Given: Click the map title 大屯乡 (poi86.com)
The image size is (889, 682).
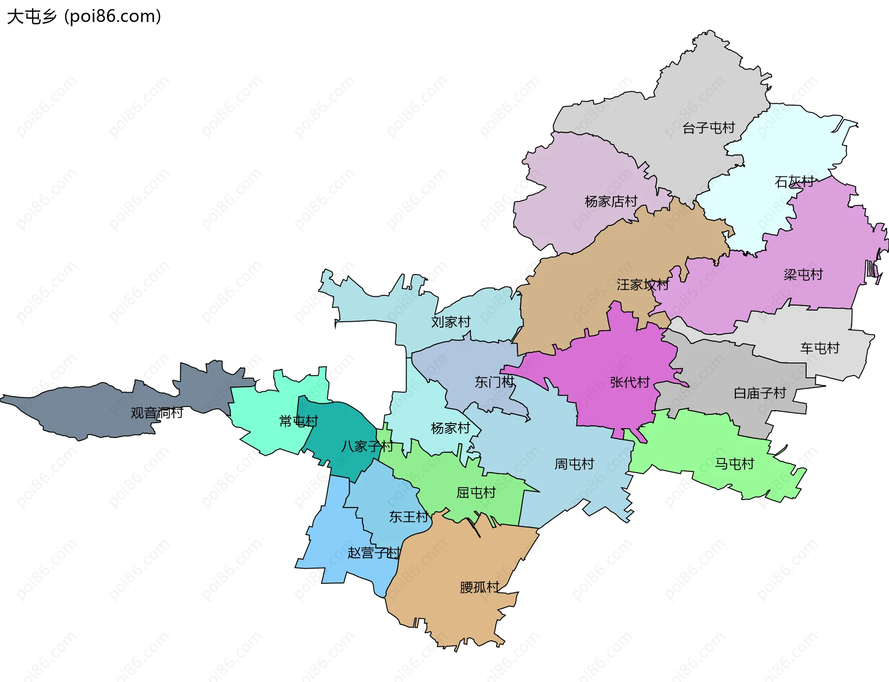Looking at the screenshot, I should (x=84, y=17).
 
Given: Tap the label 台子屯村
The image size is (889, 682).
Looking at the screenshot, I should (x=708, y=128).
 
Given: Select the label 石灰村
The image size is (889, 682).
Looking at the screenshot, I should (x=794, y=182).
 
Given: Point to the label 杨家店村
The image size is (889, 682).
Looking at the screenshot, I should (x=611, y=201).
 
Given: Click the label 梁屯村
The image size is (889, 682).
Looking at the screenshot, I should (x=803, y=275).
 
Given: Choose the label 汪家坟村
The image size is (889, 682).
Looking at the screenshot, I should (x=642, y=285).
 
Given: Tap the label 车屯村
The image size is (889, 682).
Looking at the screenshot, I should (x=820, y=348).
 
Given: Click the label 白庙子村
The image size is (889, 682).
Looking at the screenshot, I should (x=760, y=393).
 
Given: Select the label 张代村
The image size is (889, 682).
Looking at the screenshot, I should (x=630, y=382).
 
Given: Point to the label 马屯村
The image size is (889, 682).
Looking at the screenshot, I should (x=734, y=463).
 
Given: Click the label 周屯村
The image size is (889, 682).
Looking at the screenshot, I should (x=574, y=464).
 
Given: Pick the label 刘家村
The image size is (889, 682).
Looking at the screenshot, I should (x=451, y=322).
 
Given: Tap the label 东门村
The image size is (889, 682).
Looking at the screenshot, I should (x=494, y=382).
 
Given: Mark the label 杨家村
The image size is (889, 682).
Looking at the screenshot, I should (x=450, y=428).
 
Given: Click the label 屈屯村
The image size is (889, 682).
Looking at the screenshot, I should (x=476, y=493).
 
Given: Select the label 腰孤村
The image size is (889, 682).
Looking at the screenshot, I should (x=479, y=587).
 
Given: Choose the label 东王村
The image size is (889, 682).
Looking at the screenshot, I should (x=408, y=517).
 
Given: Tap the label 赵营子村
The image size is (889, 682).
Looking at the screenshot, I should (x=374, y=553).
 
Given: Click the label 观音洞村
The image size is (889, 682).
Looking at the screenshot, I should (x=157, y=413).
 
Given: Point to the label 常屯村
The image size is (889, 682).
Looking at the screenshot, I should (x=299, y=421).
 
